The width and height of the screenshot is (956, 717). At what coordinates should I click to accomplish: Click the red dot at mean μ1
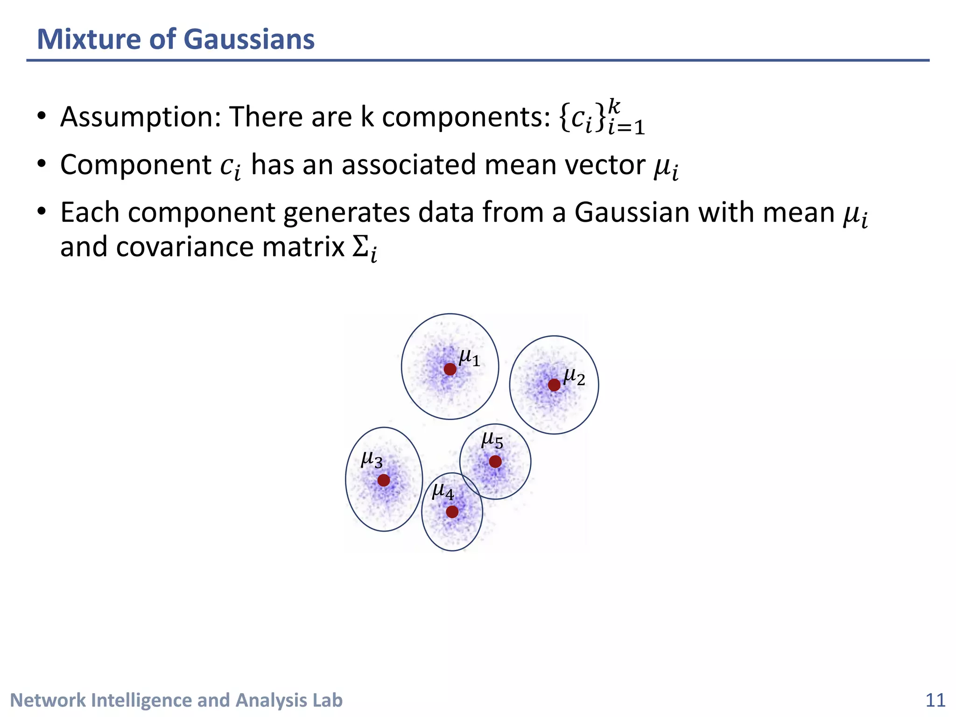coord(450,369)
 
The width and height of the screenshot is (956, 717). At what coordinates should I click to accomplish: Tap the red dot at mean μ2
coord(554,385)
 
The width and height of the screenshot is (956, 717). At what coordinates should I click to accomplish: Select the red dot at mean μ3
coord(384,480)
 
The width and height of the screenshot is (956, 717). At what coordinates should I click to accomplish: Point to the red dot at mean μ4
coord(452,512)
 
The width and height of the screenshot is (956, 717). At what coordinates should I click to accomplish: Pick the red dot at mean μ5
coord(495,462)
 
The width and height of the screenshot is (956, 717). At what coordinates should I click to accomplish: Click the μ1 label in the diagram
coord(469,358)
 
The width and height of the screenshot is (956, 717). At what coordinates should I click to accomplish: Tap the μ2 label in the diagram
coord(574,377)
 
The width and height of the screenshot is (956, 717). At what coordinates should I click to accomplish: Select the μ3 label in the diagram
coord(372,460)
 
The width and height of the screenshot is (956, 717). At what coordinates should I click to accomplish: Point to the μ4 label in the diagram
coord(443,492)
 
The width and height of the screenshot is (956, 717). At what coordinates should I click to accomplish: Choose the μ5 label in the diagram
coord(492,440)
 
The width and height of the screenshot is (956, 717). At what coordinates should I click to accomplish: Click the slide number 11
coord(935,701)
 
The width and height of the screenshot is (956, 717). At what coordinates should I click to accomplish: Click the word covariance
coord(184,247)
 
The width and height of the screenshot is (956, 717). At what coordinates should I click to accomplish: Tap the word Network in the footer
coord(48,701)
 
